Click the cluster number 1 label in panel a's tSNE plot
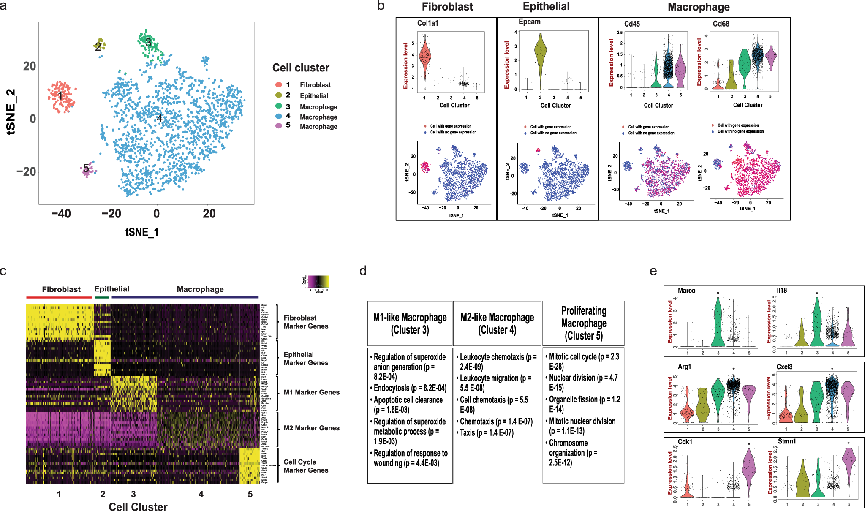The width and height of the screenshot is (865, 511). pos(60,95)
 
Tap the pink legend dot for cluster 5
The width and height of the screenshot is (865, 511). pos(278,125)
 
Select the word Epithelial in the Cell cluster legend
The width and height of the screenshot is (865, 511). pos(314,96)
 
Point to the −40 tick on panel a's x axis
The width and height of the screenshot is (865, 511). pos(61,214)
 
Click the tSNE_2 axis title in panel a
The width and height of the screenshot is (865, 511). pos(11,112)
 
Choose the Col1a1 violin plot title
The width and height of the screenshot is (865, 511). pos(427,23)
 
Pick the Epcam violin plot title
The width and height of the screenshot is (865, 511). pos(529,22)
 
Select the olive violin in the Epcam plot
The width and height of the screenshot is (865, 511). pos(540,55)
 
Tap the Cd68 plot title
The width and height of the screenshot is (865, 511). pos(721,24)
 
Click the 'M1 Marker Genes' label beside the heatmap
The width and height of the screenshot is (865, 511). pos(311,392)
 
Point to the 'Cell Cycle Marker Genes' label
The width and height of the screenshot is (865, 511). pos(306,466)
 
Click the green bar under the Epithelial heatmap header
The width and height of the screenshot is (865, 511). pos(101,297)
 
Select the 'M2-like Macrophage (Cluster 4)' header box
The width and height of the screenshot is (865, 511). pos(497,323)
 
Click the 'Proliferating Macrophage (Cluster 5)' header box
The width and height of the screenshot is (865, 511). pos(583,323)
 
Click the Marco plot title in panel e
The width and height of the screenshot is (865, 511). pos(686,291)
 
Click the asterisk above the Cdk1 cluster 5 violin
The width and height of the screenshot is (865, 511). pos(749,444)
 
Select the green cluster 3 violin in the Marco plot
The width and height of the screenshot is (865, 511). pos(718,325)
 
